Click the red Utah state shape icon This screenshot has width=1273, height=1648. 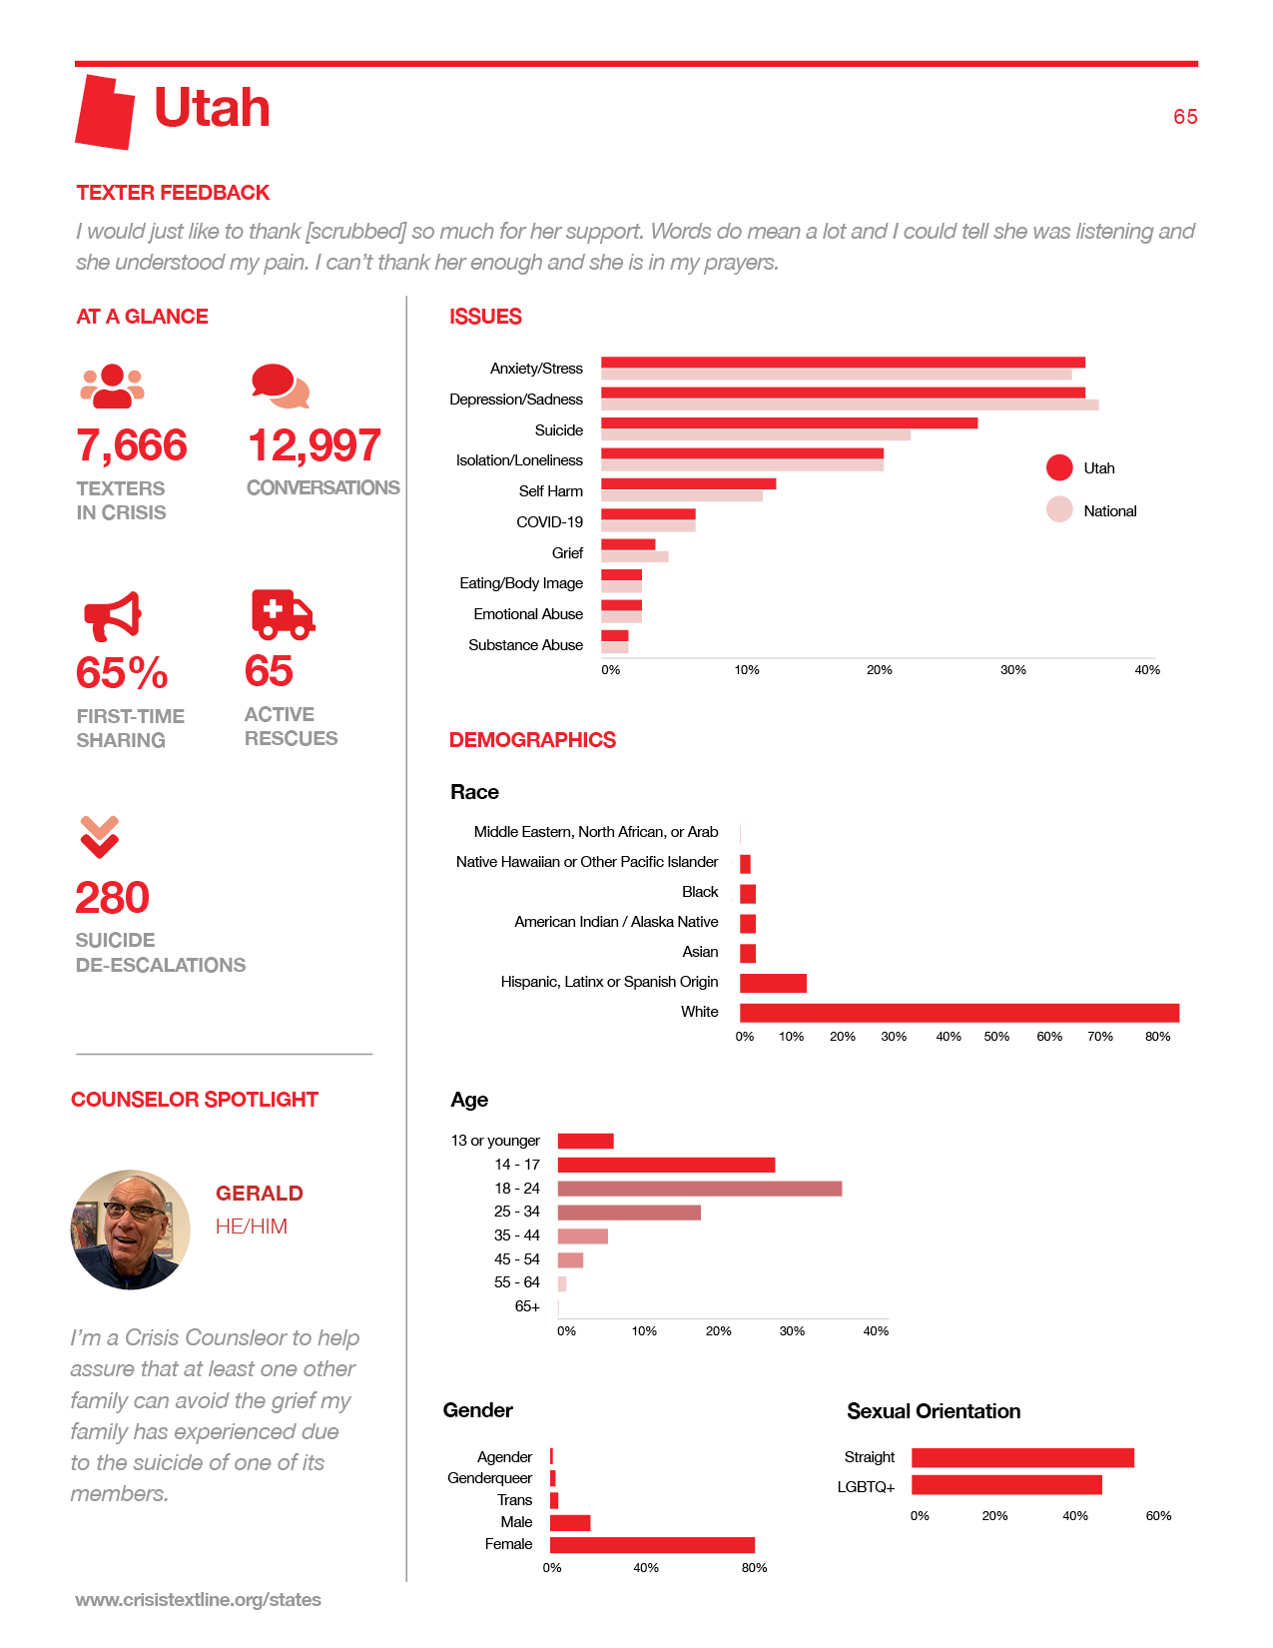105,112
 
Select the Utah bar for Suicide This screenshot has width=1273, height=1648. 789,422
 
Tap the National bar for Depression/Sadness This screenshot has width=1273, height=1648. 850,405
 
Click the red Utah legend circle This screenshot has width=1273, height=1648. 1059,467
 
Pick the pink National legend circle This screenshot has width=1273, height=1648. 1059,509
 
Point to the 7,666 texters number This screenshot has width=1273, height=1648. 131,445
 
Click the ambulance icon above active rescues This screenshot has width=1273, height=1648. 283,614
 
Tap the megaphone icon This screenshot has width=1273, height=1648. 112,616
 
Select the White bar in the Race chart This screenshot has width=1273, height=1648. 959,1013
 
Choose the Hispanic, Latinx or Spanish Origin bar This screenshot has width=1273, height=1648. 773,983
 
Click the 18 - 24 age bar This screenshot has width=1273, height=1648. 699,1189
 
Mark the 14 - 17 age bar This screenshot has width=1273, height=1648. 666,1165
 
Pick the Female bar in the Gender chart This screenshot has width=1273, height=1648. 652,1545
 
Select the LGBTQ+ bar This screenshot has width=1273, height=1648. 1006,1485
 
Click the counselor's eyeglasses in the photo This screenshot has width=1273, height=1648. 135,1209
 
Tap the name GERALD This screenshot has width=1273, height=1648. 260,1193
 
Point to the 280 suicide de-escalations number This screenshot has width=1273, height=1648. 112,898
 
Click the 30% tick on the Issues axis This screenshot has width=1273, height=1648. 1013,669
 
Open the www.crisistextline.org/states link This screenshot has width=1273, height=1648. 198,1599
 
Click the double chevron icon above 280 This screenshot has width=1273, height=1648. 99,837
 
